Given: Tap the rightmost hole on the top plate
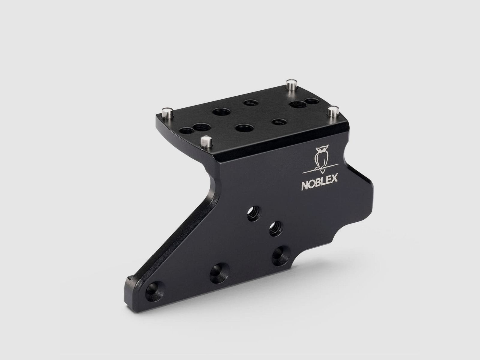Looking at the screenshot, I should pos(312,101).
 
